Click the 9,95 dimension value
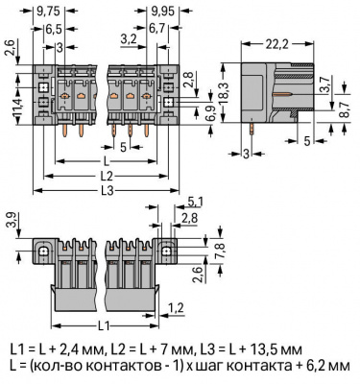coord(162,12)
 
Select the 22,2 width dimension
coord(276,44)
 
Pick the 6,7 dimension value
coord(156,29)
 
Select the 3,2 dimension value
coord(129,39)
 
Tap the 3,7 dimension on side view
coord(325,86)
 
